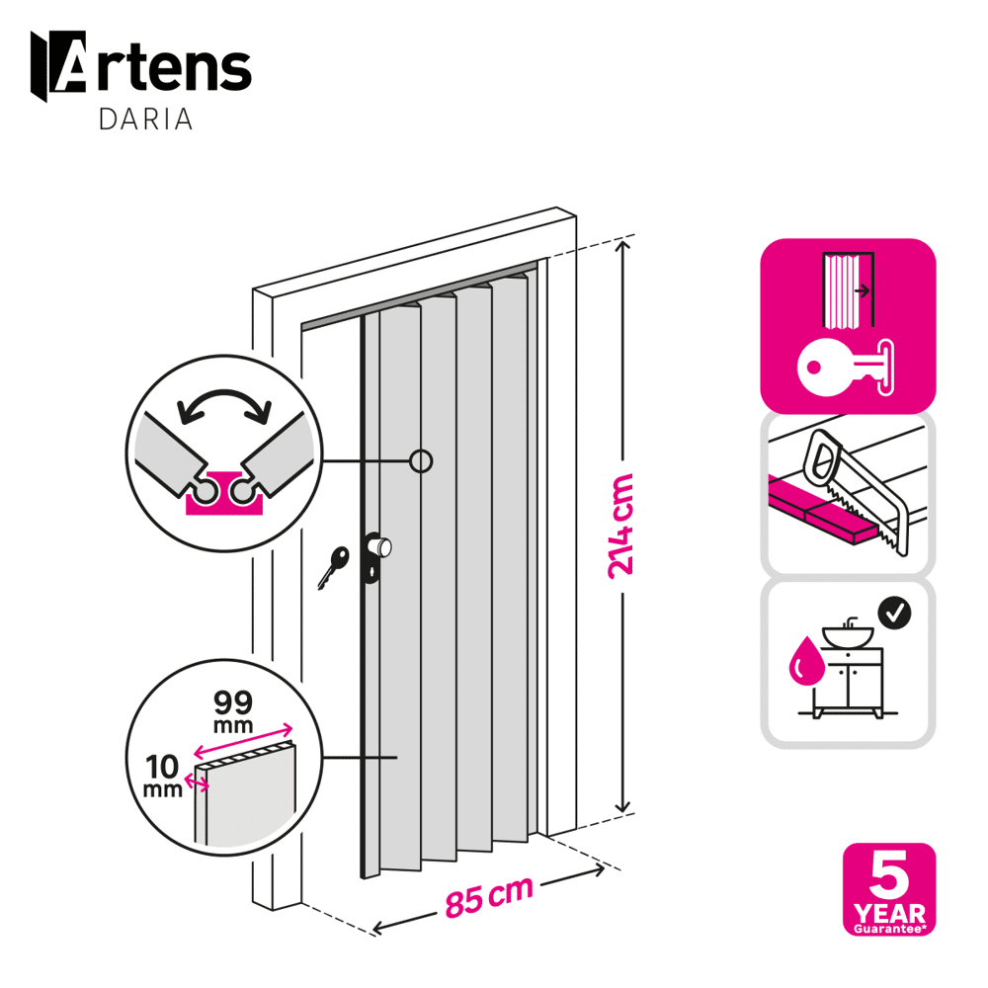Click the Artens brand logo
pyautogui.click(x=141, y=66)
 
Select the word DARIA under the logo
pyautogui.click(x=145, y=120)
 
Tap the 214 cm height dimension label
pyautogui.click(x=620, y=526)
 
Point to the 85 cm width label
pyautogui.click(x=489, y=897)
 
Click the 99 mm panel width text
pyautogui.click(x=233, y=711)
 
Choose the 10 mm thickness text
pyautogui.click(x=163, y=776)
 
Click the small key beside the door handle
pyautogui.click(x=333, y=567)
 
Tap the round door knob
pyautogui.click(x=380, y=547)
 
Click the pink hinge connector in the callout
pyautogui.click(x=223, y=494)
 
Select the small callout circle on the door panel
pyautogui.click(x=421, y=461)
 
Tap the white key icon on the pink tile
pyautogui.click(x=846, y=368)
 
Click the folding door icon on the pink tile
pyautogui.click(x=848, y=290)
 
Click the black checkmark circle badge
pyautogui.click(x=894, y=613)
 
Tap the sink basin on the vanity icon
pyautogui.click(x=848, y=635)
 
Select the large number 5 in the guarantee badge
pyautogui.click(x=889, y=874)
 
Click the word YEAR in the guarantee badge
pyautogui.click(x=889, y=912)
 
